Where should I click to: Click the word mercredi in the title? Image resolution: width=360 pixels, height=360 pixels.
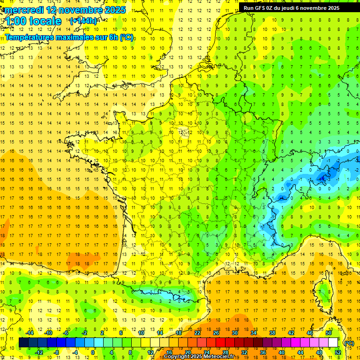click(24, 10)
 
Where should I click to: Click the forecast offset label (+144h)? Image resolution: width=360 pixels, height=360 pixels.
click(84, 21)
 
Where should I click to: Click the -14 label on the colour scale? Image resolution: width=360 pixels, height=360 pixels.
click(30, 333)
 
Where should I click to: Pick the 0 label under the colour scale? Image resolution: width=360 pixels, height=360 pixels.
click(92, 352)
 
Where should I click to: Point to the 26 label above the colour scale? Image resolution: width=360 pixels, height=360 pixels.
click(216, 333)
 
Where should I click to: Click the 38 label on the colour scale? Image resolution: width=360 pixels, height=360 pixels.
click(272, 333)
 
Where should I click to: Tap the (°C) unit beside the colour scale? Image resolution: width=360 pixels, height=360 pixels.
click(349, 343)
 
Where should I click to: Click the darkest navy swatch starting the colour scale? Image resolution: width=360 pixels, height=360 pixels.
click(23, 343)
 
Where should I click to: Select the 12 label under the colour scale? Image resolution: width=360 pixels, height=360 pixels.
click(150, 352)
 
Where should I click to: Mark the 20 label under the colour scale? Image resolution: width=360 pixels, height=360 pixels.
click(188, 352)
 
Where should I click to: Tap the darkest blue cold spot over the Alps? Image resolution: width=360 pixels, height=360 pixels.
click(322, 177)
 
